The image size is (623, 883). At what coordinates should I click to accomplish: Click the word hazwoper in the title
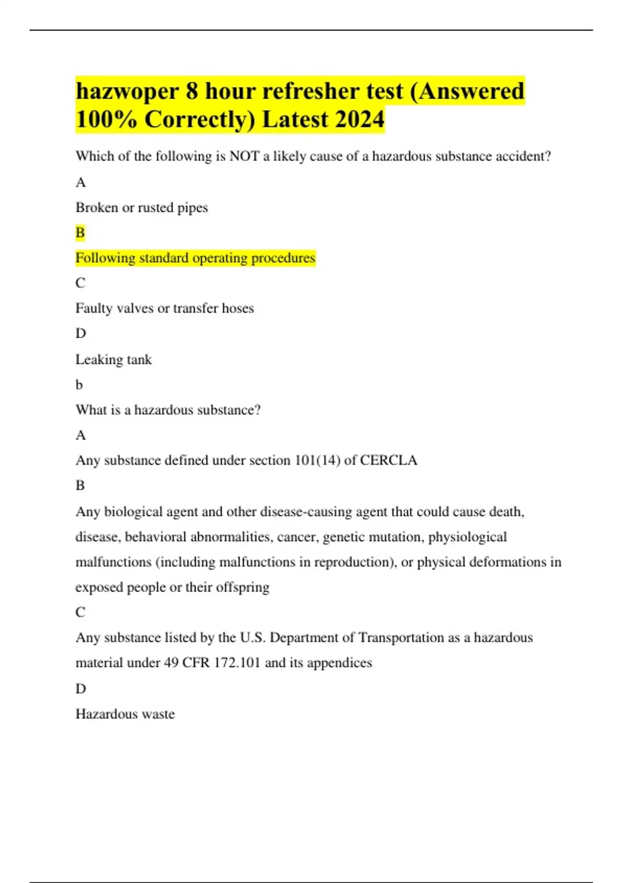coord(127,91)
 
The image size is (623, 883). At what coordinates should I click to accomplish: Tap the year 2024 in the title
coord(359,119)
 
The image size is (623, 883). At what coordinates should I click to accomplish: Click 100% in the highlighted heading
coord(106,119)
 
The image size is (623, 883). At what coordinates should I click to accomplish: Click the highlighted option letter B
coord(80,232)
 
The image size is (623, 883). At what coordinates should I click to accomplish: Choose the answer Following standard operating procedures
coord(195,258)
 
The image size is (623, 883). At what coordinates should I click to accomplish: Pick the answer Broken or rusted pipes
coord(142,207)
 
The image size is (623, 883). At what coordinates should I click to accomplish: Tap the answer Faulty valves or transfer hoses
coord(165,308)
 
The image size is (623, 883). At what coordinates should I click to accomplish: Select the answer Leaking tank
coord(114,359)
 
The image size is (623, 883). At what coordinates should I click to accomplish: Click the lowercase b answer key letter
coord(79,385)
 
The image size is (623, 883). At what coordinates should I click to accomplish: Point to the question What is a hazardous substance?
coord(168,410)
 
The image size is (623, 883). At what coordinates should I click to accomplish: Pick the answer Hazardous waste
coord(125,714)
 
